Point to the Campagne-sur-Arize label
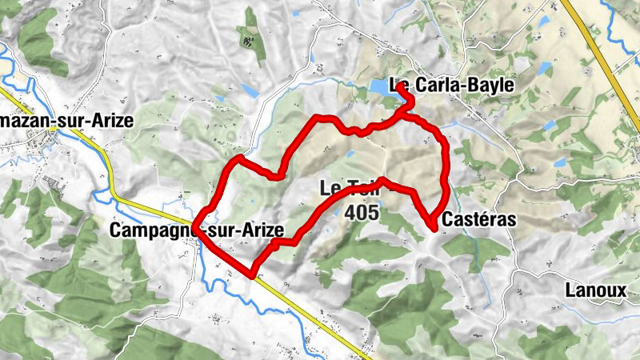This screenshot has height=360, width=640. pos(195,231)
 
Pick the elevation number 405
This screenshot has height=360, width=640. pos(363,213)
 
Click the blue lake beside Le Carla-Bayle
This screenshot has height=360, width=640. pos(380,86)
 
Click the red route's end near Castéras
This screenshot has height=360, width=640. pos(434,229)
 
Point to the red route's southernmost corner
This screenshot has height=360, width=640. pos(252,274)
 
